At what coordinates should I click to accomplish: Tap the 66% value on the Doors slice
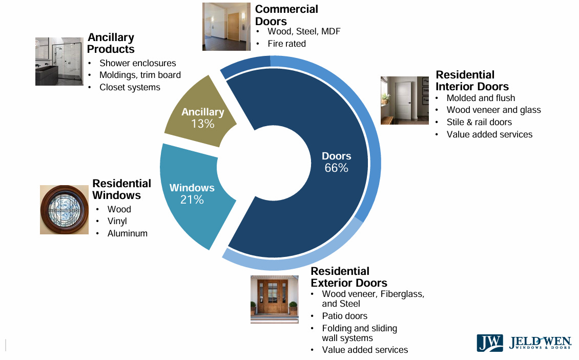click(336, 168)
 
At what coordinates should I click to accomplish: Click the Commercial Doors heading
click(286, 15)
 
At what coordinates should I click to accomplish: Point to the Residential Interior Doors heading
click(472, 81)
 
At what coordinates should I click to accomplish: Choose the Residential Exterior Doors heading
click(348, 277)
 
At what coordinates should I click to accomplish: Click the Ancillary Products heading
click(111, 43)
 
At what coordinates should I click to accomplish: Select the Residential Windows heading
click(121, 189)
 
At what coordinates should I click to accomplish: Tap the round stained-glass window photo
click(64, 210)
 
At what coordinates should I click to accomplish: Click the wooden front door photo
click(274, 299)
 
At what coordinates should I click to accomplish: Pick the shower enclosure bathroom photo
click(59, 61)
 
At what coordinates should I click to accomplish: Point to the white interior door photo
click(404, 100)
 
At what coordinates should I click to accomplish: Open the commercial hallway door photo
click(225, 26)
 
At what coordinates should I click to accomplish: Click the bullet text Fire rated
click(286, 44)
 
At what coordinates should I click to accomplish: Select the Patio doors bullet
click(344, 316)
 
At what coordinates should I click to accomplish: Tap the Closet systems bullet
click(130, 87)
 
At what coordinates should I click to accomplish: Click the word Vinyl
click(117, 221)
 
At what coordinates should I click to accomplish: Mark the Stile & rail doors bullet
click(479, 122)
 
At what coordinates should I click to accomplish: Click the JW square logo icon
click(490, 343)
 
